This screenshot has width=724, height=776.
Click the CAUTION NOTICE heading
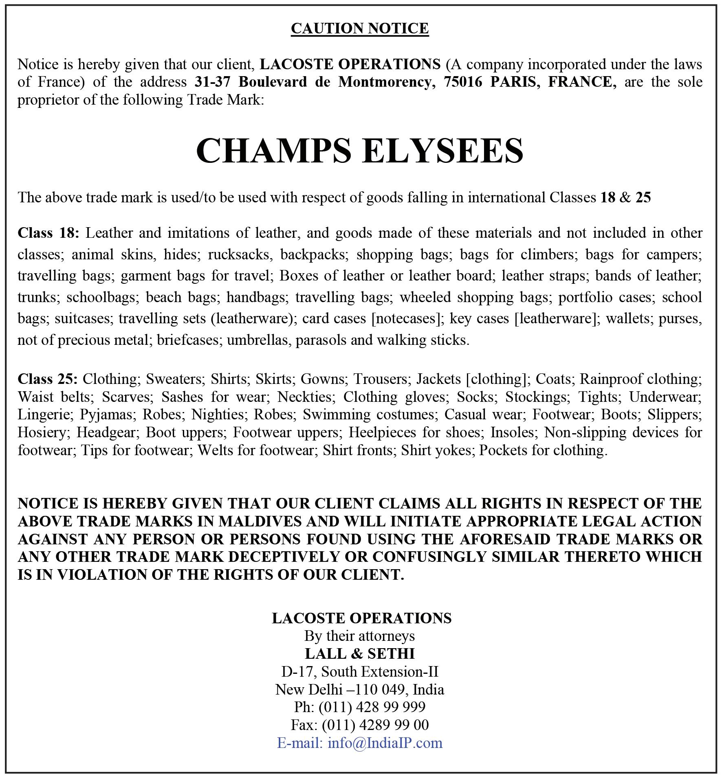[360, 28]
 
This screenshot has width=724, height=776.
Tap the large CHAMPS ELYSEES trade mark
[360, 150]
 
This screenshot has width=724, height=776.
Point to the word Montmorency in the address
[384, 82]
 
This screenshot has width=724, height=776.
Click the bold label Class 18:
[48, 233]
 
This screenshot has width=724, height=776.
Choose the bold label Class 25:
[47, 379]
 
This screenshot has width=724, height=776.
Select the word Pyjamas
[107, 414]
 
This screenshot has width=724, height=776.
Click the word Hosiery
[43, 432]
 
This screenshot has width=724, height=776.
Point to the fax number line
[360, 725]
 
